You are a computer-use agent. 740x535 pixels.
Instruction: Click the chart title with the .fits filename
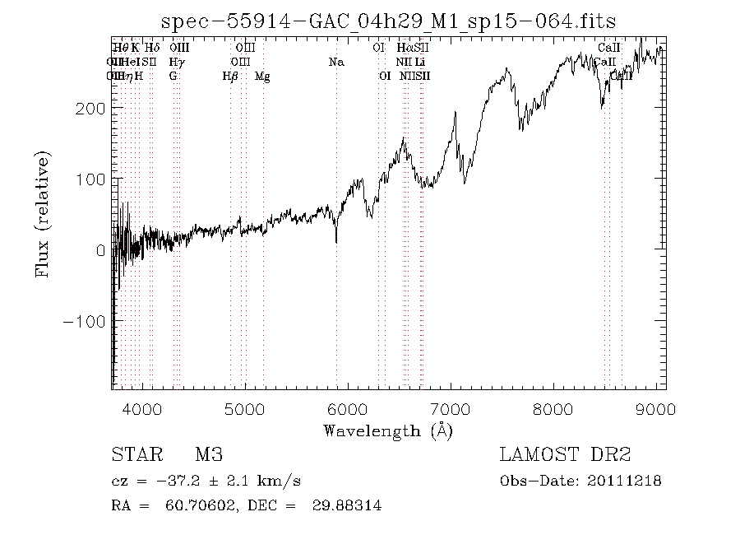[x=388, y=21]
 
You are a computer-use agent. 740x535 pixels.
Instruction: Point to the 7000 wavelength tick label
[x=451, y=409]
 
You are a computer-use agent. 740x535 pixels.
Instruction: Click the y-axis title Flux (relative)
[x=42, y=215]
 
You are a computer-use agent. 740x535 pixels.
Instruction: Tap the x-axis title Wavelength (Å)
[x=388, y=430]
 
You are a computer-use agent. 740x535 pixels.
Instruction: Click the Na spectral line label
[x=335, y=62]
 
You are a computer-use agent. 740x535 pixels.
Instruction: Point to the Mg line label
[x=262, y=76]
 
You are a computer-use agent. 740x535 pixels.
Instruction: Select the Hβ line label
[x=230, y=76]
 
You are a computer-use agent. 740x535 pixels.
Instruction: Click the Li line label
[x=419, y=62]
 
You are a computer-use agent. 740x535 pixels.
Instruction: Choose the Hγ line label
[x=176, y=62]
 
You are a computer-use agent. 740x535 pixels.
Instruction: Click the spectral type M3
[x=209, y=455]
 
